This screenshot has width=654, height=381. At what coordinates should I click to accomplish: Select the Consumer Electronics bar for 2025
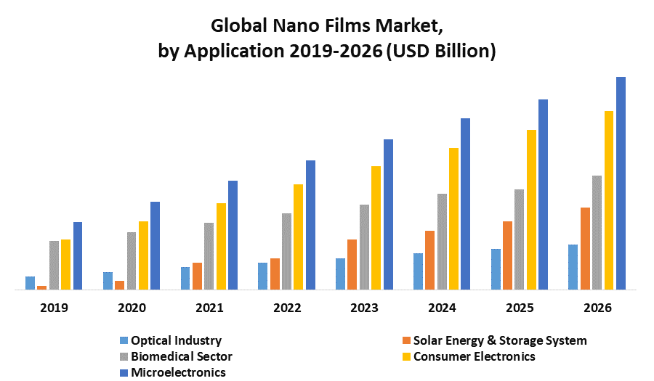click(x=531, y=210)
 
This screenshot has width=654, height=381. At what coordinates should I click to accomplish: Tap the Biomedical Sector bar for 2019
click(x=54, y=265)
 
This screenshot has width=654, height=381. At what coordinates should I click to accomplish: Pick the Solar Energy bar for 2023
click(x=352, y=264)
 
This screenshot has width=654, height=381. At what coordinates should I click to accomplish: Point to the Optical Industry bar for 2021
click(x=185, y=278)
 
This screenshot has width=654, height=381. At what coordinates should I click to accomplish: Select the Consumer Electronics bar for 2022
click(x=299, y=237)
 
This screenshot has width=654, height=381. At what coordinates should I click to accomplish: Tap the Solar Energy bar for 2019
click(x=42, y=287)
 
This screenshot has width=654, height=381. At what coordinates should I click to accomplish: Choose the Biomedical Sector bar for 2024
click(x=442, y=242)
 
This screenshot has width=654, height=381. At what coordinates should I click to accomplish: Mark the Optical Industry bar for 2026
click(x=573, y=267)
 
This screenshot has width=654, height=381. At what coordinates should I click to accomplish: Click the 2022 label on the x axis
click(x=287, y=308)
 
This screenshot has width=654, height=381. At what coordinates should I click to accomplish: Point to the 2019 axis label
click(x=54, y=308)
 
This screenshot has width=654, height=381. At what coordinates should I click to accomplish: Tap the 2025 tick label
click(x=520, y=308)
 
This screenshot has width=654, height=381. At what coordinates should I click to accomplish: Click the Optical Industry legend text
click(x=176, y=340)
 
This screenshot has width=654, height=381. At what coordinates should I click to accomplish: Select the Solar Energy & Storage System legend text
click(x=499, y=340)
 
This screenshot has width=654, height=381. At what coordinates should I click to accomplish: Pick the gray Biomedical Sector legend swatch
click(x=124, y=356)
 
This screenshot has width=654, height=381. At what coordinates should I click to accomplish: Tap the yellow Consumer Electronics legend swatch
click(x=407, y=356)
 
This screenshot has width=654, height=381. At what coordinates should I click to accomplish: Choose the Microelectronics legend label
click(x=178, y=372)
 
